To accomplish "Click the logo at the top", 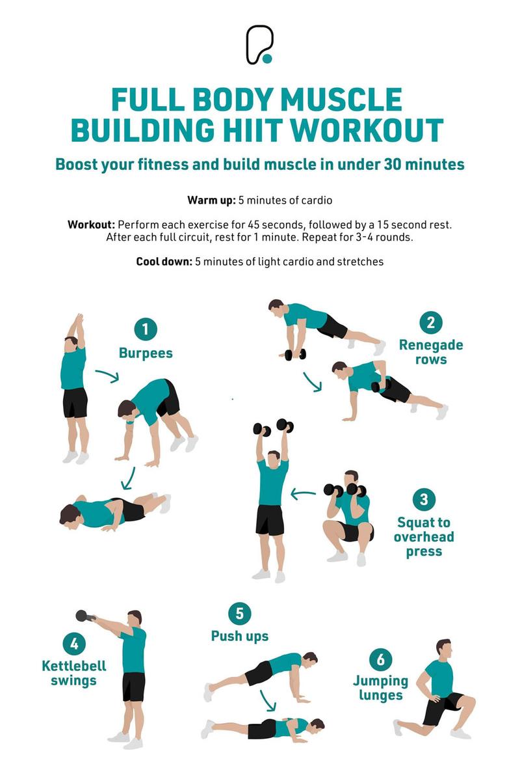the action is pos(259,45).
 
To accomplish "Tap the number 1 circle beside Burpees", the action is pos(146,329).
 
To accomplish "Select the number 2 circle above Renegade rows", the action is pos(431,323).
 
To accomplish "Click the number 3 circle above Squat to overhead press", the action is pos(424,499).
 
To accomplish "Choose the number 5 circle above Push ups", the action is pos(240,614).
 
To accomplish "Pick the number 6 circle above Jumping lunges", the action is pos(380,659).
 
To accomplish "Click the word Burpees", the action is pos(146,353).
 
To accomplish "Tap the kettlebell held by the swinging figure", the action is pos(84,616).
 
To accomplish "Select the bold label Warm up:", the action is pos(211,200).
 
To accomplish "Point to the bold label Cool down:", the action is pos(164,262).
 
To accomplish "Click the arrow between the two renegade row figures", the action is pos(313,382).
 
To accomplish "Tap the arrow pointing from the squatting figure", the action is pos(303,494).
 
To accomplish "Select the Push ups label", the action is pos(240,637).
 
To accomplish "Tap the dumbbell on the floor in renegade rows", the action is pos(295,354).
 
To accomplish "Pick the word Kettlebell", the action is pos(74,666).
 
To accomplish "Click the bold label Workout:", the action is pos(91,225).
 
